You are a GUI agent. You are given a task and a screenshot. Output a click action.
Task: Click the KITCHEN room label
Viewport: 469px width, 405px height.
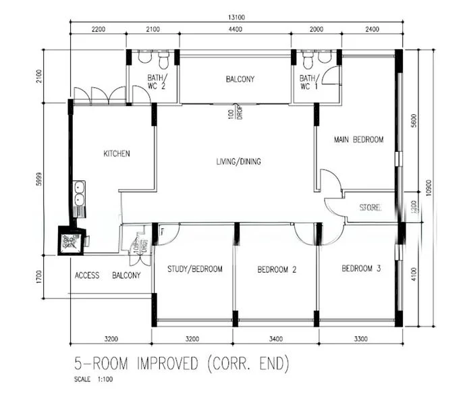click(x=116, y=154)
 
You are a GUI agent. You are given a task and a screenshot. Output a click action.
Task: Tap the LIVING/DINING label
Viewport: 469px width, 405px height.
click(x=238, y=162)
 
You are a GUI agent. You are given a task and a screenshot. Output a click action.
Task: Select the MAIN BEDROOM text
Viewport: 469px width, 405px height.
click(x=358, y=140)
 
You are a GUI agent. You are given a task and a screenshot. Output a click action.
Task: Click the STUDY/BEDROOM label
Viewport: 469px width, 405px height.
click(x=195, y=269)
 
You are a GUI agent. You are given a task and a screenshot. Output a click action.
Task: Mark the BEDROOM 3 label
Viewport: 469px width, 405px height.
click(x=361, y=269)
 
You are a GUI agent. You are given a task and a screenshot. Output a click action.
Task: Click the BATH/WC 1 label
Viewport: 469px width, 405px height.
click(x=309, y=82)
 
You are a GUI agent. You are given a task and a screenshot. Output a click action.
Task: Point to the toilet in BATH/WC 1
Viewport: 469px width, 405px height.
click(x=309, y=61)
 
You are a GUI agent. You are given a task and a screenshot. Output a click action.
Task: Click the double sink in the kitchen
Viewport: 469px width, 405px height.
click(x=79, y=194)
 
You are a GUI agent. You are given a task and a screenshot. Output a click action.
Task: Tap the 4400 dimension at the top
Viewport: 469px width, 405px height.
click(x=236, y=30)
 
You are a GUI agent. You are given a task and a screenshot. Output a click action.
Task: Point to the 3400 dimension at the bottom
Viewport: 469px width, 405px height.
click(x=276, y=338)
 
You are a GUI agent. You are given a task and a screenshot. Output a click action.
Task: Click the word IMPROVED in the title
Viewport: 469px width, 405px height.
click(x=168, y=365)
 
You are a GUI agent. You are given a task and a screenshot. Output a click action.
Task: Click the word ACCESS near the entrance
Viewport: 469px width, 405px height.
click(x=87, y=275)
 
